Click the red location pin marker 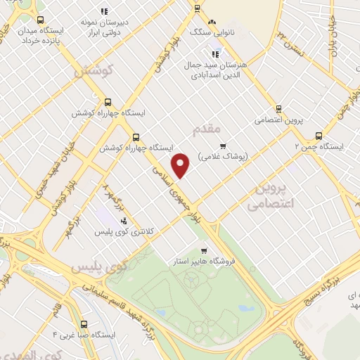click(181, 165)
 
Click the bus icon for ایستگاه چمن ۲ click(319, 136)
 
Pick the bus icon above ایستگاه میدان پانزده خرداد click(40, 20)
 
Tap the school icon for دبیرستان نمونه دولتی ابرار click(105, 11)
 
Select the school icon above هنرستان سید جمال click(216, 54)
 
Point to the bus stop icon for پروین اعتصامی click(279, 109)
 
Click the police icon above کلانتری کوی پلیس click(124, 222)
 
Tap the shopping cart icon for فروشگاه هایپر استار click(204, 251)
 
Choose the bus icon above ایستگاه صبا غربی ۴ click(84, 325)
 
